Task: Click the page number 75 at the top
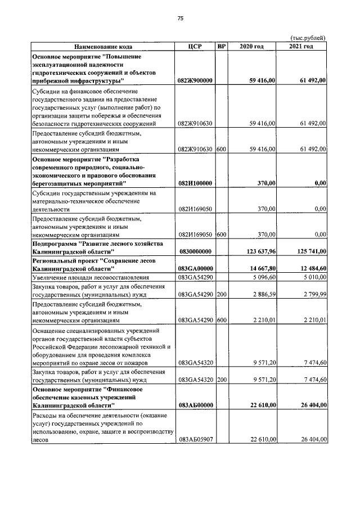(181, 19)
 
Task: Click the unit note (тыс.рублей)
(308, 38)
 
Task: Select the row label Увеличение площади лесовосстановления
(91, 277)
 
